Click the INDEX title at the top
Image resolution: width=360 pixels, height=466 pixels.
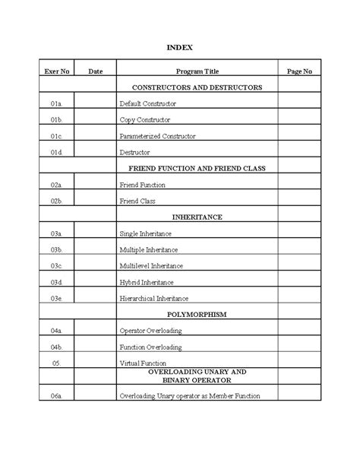180,47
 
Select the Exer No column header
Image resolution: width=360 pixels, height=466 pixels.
56,71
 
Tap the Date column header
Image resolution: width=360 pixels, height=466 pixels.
96,71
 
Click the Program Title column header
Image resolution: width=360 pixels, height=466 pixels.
197,71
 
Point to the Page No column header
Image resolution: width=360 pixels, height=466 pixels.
299,71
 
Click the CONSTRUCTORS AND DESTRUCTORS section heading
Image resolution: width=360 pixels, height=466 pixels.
197,87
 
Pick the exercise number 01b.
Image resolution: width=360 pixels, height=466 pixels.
56,120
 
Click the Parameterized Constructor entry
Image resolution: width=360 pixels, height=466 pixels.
157,136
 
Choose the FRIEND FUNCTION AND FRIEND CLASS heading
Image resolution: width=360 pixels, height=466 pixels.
197,168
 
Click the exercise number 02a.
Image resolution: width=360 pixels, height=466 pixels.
56,185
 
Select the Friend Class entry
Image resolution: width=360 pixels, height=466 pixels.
137,201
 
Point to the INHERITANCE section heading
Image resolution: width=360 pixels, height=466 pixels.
197,217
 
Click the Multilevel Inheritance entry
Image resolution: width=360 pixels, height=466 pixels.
150,265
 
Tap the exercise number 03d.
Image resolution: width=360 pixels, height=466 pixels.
56,282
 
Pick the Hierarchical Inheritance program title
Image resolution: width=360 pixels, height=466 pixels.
153,299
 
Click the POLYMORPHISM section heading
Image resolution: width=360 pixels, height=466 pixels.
197,314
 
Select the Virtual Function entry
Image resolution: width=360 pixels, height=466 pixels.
142,363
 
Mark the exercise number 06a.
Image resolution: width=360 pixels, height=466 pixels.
56,396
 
